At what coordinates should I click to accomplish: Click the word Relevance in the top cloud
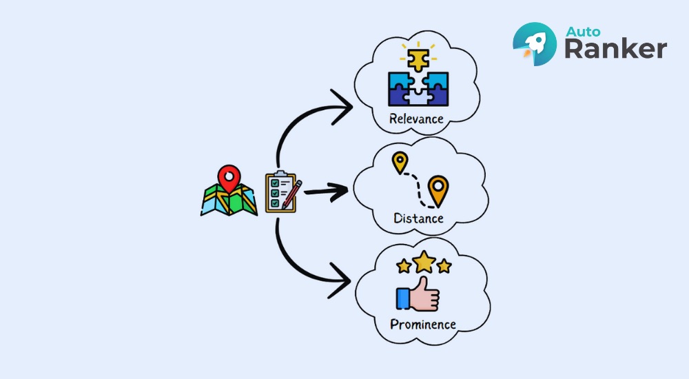tap(416, 118)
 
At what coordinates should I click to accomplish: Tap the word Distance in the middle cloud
tap(418, 218)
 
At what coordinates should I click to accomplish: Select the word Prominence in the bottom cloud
tap(423, 323)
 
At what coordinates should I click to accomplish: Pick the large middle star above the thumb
tap(424, 262)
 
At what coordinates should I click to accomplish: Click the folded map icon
tap(229, 199)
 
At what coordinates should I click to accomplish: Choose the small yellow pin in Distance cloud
tap(399, 163)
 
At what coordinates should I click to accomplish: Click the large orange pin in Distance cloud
tap(438, 189)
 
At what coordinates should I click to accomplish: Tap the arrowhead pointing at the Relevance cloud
tap(343, 108)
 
